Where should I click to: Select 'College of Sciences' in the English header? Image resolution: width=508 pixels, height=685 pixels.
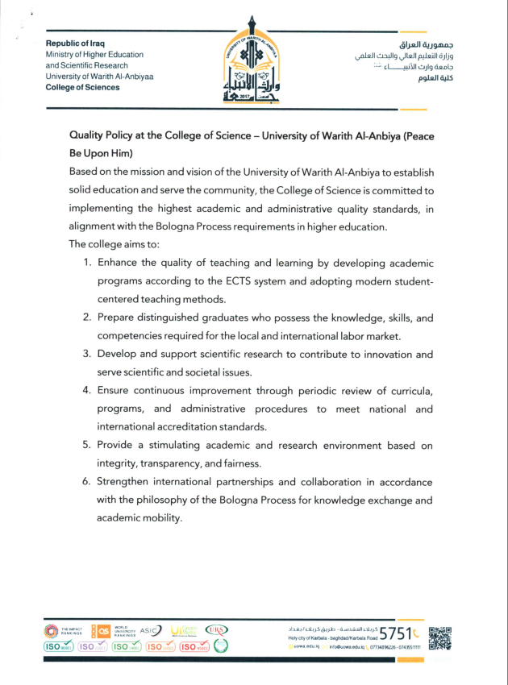pyautogui.click(x=83, y=87)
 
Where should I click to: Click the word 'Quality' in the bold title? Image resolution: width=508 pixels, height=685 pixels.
pyautogui.click(x=90, y=135)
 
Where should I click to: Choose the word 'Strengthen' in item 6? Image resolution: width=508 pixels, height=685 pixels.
pyautogui.click(x=127, y=481)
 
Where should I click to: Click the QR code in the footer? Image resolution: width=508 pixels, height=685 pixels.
pyautogui.click(x=440, y=637)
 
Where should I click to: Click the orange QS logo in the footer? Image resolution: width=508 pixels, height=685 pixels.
pyautogui.click(x=102, y=630)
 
